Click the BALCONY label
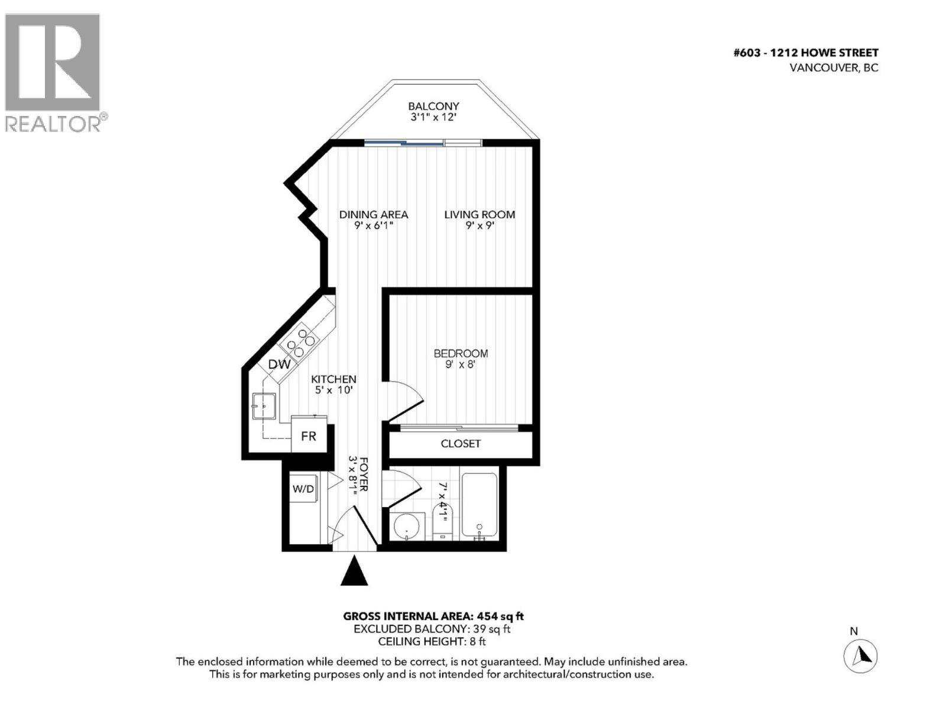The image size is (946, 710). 433,106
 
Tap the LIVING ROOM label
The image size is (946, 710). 480,215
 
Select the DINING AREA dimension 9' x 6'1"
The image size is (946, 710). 374,226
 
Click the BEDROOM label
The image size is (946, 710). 461,353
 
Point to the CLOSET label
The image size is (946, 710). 461,444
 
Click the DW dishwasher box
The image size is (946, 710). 279,364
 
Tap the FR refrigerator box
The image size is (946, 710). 309,437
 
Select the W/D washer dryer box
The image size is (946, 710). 303,489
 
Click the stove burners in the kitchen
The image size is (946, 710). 300,343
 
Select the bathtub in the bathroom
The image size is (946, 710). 479,506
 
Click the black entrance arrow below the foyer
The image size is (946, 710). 354,572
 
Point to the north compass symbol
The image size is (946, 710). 860,656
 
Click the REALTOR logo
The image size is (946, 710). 53,71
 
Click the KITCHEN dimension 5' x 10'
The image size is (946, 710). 333,390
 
